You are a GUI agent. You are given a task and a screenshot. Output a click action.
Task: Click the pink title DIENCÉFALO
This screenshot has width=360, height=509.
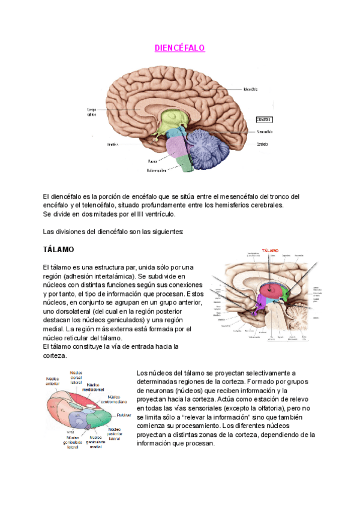coord(179,48)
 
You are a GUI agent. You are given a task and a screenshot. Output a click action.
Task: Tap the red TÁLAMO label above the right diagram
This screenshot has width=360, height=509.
coord(270,250)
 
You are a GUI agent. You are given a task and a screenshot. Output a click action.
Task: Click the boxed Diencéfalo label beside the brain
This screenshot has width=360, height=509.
coord(265,119)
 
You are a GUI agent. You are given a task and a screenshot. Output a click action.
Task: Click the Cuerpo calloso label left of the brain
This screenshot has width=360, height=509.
coord(92,113)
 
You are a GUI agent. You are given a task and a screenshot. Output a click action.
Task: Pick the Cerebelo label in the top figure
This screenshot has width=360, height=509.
coord(262,144)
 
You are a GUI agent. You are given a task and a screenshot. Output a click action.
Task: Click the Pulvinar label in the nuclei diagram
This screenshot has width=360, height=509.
coord(124,415)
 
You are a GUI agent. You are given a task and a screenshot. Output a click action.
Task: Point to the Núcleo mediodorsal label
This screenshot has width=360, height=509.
coord(95,387)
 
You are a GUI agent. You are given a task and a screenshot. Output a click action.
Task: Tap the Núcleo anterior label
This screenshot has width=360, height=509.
coord(57,382)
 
